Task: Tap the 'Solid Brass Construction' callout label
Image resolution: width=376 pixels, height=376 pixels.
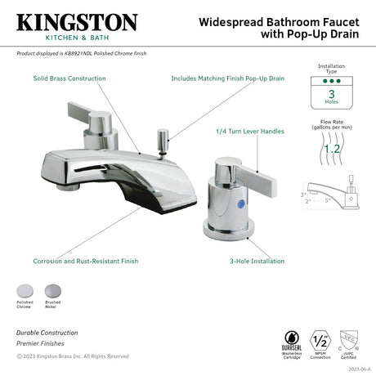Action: click(x=69, y=78)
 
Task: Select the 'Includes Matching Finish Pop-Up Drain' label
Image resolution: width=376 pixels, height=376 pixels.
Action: click(x=227, y=78)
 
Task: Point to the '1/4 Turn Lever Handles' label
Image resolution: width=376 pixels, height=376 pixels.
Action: click(x=249, y=131)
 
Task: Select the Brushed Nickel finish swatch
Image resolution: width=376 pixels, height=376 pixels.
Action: click(x=52, y=290)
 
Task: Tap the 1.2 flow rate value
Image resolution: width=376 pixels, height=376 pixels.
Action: click(x=331, y=149)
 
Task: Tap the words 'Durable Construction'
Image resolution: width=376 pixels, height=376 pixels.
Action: click(x=47, y=333)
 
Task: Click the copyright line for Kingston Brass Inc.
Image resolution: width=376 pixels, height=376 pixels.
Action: click(x=72, y=356)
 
